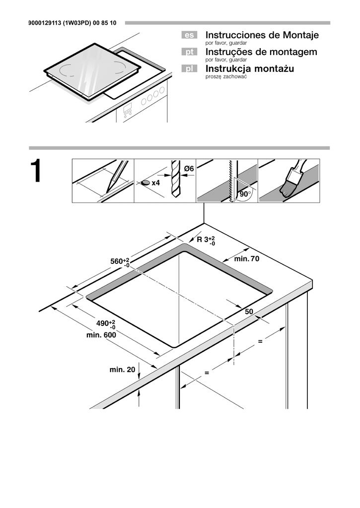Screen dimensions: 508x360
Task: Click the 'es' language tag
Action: (189, 35)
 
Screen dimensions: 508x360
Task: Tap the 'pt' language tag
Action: (189, 52)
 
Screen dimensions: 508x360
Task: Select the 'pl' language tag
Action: (189, 69)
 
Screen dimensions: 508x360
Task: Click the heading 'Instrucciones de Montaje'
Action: (262, 35)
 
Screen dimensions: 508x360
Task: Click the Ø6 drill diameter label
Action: (188, 169)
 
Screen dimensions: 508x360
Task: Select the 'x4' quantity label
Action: (155, 183)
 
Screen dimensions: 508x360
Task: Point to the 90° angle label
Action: (244, 194)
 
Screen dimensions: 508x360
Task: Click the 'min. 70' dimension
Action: (247, 258)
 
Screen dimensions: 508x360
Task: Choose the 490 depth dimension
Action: (105, 324)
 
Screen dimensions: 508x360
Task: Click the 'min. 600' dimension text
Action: (101, 335)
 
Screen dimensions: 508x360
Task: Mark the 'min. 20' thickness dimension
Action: (122, 370)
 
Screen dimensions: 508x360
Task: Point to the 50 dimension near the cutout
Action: (249, 311)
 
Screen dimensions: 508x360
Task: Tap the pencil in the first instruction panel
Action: (115, 178)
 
